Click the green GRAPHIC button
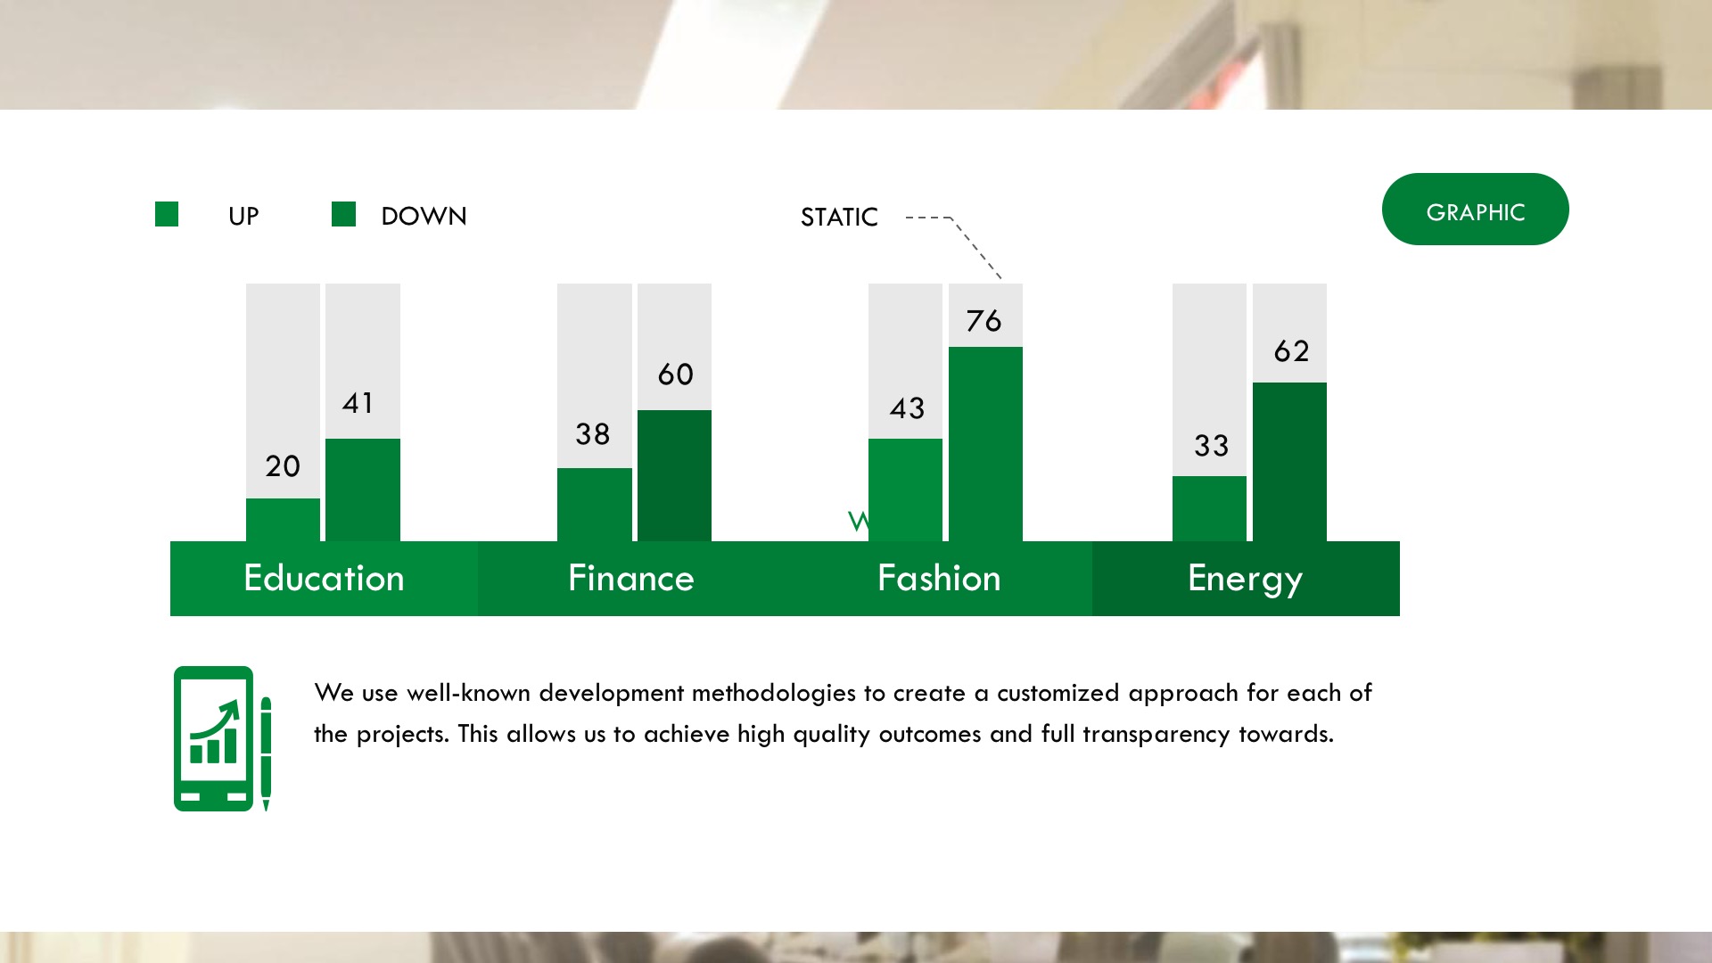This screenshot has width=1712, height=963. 1475,209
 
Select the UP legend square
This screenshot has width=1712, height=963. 167,214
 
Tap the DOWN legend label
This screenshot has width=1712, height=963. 424,216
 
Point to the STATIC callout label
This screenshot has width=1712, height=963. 839,217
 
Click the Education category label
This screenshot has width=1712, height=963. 324,578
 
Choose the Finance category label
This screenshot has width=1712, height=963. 631,578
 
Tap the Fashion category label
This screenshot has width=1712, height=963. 939,578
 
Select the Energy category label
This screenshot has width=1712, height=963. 1246,580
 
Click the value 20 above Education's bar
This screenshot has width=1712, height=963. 283,465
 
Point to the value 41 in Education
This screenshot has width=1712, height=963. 358,403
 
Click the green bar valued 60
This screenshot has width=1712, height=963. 674,475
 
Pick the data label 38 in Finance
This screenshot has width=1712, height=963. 593,434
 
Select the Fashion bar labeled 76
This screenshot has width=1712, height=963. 985,444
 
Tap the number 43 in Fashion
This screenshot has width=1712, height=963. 907,408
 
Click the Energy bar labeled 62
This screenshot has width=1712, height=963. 1289,462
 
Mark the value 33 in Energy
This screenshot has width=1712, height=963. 1212,446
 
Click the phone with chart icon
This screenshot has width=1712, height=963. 213,738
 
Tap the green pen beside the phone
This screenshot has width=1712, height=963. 266,754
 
